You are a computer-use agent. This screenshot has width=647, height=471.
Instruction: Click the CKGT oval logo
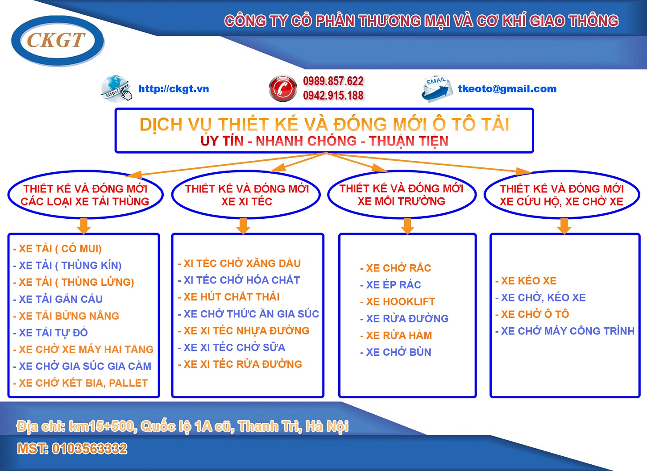click(58, 41)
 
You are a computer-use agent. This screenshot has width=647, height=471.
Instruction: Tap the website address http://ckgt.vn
click(174, 89)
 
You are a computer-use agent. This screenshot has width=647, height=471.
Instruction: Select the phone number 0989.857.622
click(333, 81)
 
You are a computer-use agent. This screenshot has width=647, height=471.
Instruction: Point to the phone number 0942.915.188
click(333, 96)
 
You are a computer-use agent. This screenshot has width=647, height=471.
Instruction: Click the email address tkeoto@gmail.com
click(507, 89)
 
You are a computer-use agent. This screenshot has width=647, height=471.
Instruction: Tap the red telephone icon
click(283, 88)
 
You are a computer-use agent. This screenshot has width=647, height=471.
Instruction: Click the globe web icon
click(117, 88)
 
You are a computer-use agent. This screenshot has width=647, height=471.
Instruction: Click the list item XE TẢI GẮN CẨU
click(58, 299)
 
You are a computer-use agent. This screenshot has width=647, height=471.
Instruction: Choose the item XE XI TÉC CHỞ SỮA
click(232, 347)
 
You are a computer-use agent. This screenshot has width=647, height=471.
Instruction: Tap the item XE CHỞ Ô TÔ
click(532, 314)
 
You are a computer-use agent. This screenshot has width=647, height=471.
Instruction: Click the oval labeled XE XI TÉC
click(246, 194)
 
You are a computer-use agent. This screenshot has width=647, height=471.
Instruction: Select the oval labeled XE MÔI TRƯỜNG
click(402, 194)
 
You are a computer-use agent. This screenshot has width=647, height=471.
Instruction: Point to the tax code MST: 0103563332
click(72, 449)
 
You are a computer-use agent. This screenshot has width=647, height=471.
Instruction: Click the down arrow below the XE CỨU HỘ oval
click(564, 226)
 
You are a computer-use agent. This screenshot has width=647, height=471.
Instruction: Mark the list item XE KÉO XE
click(526, 280)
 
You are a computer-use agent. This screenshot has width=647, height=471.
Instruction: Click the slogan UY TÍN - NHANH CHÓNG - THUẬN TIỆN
click(324, 141)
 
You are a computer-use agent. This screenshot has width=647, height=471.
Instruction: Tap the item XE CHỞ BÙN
click(396, 352)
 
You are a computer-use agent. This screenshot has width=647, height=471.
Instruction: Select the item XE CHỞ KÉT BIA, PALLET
click(80, 383)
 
